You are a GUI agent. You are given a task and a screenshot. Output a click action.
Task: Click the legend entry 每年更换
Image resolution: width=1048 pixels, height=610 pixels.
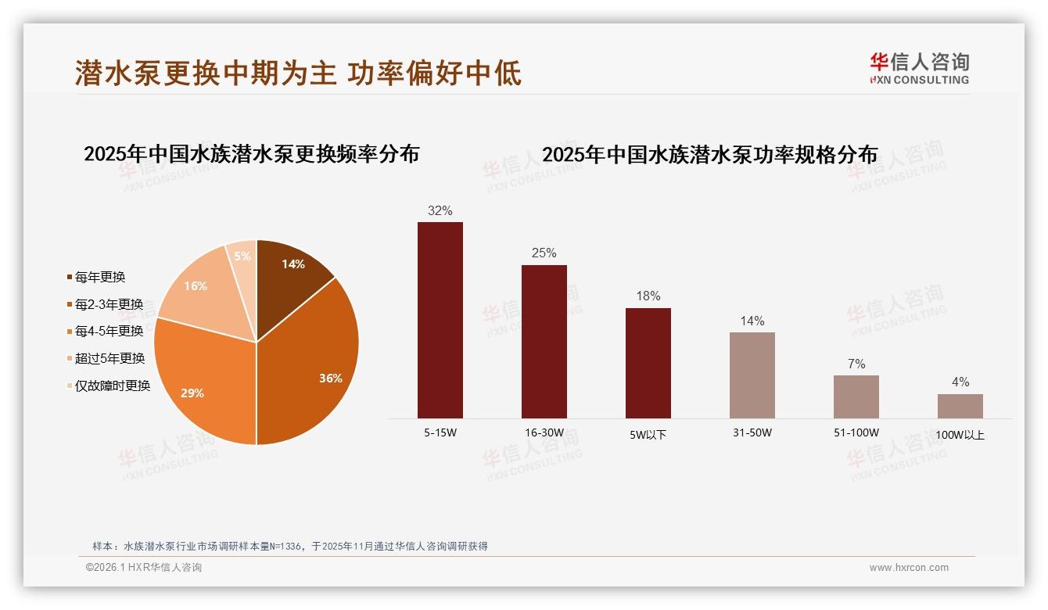tap(100, 277)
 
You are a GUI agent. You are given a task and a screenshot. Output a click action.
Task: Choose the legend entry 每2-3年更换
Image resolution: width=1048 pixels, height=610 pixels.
tap(109, 304)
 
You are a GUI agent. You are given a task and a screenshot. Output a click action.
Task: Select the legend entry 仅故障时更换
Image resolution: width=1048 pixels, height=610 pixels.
tap(112, 386)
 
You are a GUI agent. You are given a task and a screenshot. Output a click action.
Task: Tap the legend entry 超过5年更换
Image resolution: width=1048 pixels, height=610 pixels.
tap(109, 358)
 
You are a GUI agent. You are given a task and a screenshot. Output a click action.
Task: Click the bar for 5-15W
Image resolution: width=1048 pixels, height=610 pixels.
tap(440, 320)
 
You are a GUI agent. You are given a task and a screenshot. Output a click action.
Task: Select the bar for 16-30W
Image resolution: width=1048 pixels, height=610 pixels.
tap(544, 342)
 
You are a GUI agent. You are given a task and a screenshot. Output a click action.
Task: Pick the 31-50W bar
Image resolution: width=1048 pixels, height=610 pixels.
tap(752, 375)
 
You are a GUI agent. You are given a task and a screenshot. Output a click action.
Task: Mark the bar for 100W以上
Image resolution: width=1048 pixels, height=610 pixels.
tap(960, 406)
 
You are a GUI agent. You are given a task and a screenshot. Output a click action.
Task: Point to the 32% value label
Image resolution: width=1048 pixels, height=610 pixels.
tap(440, 210)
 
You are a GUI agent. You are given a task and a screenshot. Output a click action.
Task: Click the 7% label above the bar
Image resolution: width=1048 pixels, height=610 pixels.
tap(856, 364)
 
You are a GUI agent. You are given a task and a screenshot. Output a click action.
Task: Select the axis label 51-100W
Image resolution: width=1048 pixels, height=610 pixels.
tap(856, 432)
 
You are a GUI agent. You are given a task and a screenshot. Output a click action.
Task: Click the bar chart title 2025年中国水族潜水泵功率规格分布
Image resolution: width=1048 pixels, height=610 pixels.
tap(710, 154)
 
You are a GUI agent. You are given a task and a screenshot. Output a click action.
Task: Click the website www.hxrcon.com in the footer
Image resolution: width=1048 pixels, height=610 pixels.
tap(909, 568)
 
